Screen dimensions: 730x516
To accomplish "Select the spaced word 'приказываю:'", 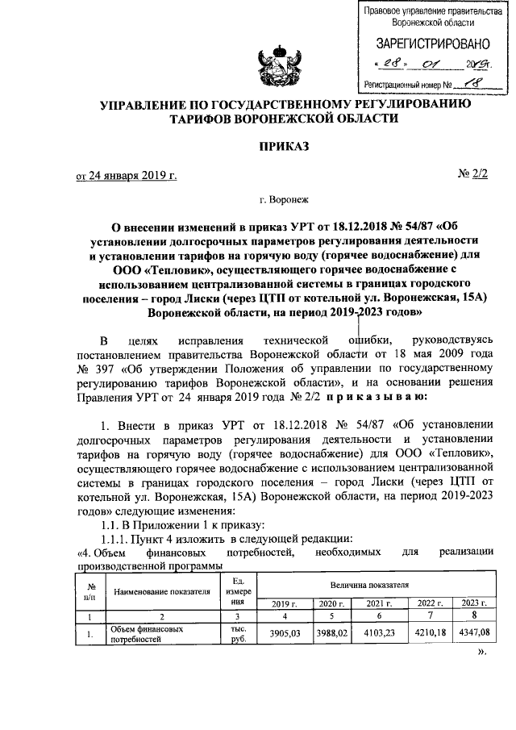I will coord(372,396).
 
